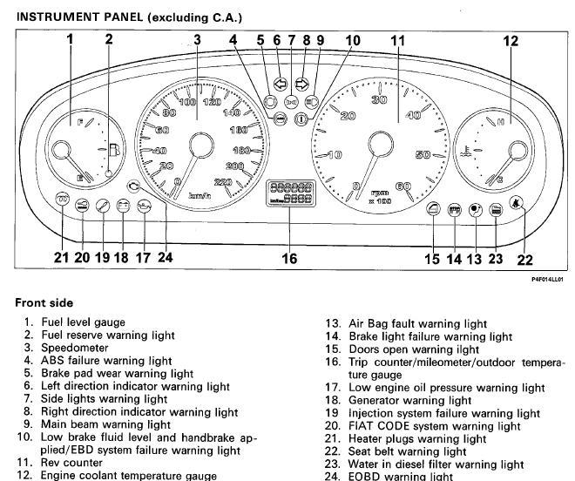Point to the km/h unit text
203,196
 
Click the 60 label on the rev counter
403,186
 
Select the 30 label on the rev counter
378,100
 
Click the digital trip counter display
290,193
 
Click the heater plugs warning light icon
63,200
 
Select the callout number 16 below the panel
289,259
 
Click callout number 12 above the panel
511,40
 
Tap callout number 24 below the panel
166,258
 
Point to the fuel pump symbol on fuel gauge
113,149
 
